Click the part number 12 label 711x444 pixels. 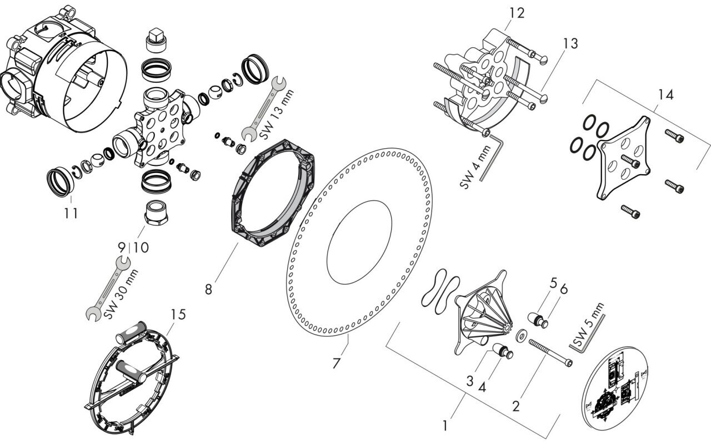pyautogui.click(x=517, y=13)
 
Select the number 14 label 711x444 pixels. pyautogui.click(x=665, y=95)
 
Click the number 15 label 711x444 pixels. pyautogui.click(x=178, y=315)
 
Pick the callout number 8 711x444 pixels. pyautogui.click(x=208, y=290)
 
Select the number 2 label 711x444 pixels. pyautogui.click(x=517, y=406)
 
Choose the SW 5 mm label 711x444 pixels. pyautogui.click(x=588, y=324)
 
